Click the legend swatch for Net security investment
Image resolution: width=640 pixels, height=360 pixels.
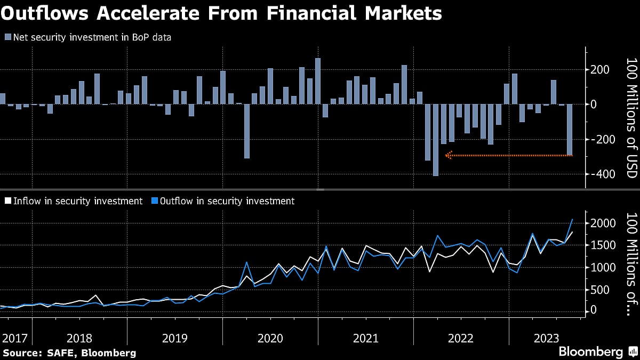click(7, 37)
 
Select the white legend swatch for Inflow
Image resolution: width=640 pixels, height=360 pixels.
click(7, 201)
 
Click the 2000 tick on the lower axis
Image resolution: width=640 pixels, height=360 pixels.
click(604, 223)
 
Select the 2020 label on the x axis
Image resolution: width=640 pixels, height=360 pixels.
click(270, 338)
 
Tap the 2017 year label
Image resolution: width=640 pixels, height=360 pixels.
click(14, 338)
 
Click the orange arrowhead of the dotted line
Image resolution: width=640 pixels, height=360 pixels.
click(449, 155)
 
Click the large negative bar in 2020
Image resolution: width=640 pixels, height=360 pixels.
click(246, 131)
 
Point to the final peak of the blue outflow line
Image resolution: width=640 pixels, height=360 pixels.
click(572, 219)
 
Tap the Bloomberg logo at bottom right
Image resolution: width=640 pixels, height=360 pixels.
click(591, 352)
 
